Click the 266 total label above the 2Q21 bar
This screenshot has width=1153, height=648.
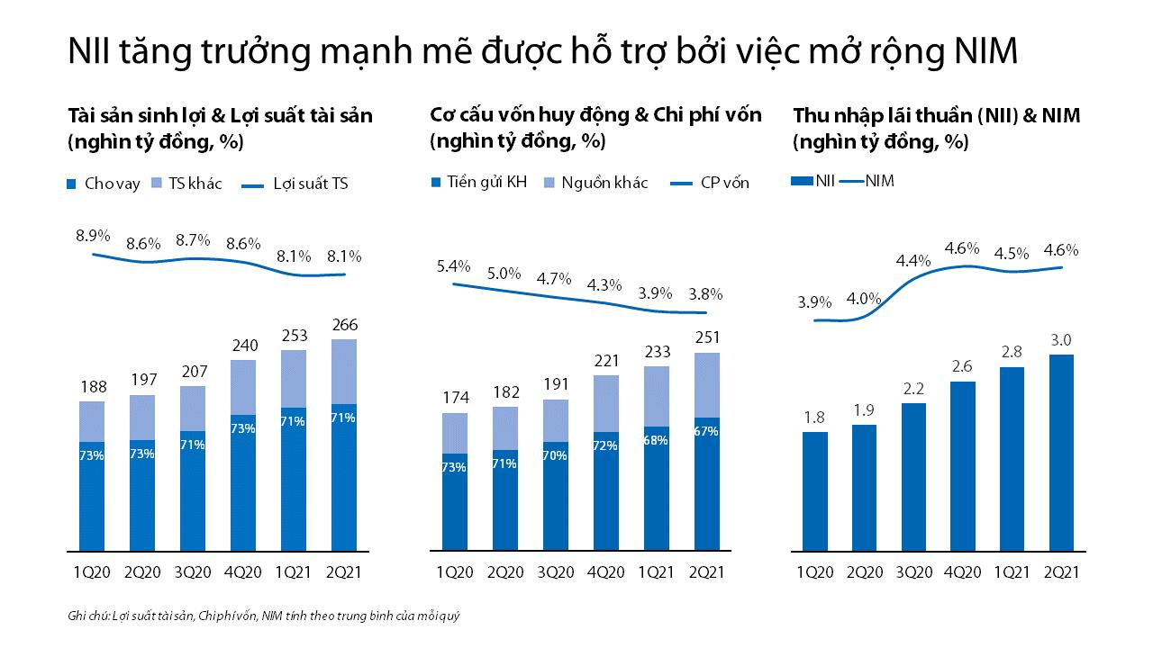tap(343, 324)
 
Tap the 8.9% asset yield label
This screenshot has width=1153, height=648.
tap(93, 236)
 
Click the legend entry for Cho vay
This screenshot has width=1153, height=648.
tap(104, 184)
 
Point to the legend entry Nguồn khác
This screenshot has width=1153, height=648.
tap(595, 183)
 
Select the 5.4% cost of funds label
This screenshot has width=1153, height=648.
tap(454, 266)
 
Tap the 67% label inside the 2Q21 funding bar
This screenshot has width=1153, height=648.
tap(706, 432)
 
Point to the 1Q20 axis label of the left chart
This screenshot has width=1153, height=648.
tap(91, 572)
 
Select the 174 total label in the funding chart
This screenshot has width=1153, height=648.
tap(454, 397)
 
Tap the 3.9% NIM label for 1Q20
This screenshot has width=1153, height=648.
tap(814, 301)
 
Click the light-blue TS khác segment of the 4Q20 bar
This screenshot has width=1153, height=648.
tap(242, 387)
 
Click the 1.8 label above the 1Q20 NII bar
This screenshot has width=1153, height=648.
tap(814, 417)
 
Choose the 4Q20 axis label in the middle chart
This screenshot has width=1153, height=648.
tap(606, 572)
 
